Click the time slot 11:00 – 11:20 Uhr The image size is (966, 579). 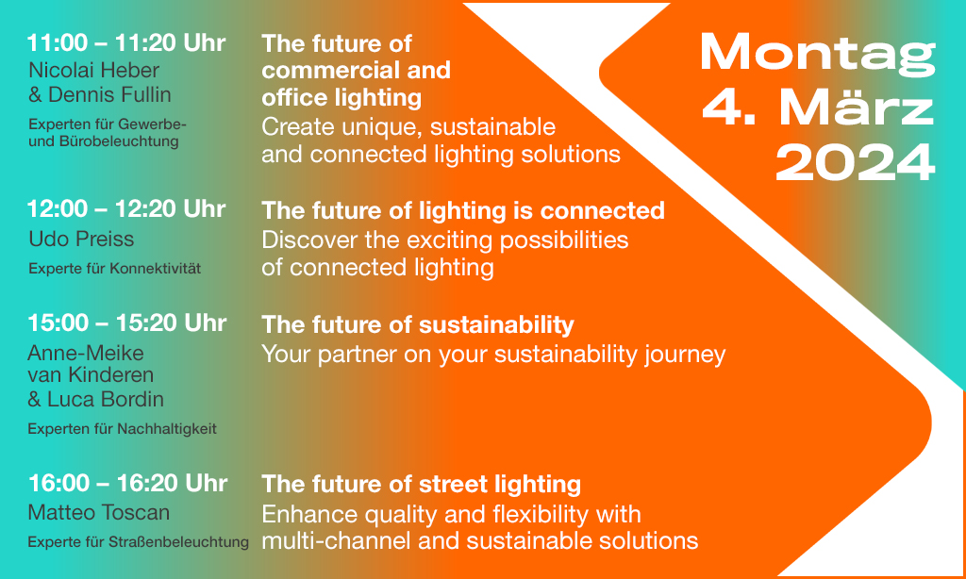pyautogui.click(x=126, y=43)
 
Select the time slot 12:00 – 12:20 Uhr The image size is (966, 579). pyautogui.click(x=126, y=209)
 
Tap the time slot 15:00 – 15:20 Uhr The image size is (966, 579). pyautogui.click(x=127, y=323)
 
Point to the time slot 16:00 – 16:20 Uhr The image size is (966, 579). pyautogui.click(x=127, y=484)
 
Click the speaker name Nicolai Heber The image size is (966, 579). pyautogui.click(x=93, y=70)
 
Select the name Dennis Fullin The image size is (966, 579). pyautogui.click(x=109, y=95)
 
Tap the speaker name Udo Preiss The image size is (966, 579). pyautogui.click(x=81, y=239)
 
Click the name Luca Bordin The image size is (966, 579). pyautogui.click(x=106, y=400)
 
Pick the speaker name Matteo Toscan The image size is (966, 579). pyautogui.click(x=98, y=512)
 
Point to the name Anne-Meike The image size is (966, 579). pyautogui.click(x=86, y=353)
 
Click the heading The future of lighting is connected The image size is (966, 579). pyautogui.click(x=463, y=210)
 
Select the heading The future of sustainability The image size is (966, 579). pyautogui.click(x=418, y=324)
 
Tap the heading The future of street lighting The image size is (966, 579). pyautogui.click(x=422, y=484)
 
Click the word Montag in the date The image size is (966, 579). pyautogui.click(x=818, y=54)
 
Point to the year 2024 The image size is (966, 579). pyautogui.click(x=856, y=162)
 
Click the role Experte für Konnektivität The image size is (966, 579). pyautogui.click(x=114, y=269)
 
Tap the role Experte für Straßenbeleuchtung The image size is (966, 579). pyautogui.click(x=139, y=542)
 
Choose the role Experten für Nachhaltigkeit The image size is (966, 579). pyautogui.click(x=122, y=429)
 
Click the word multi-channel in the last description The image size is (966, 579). pyautogui.click(x=337, y=541)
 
